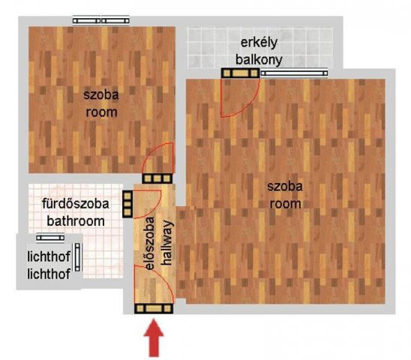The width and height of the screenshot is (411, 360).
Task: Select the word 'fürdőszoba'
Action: coord(75,204)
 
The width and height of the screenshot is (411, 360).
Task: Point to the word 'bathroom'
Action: coord(75,221)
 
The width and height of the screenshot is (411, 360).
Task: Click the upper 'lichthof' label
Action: coord(48,258)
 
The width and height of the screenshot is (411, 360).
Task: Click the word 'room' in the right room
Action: coord(286,203)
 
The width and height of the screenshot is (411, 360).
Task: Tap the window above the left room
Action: coord(101,20)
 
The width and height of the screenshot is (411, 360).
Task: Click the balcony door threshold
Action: coord(240,73)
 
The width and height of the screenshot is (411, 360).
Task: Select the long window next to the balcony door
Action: coord(294,73)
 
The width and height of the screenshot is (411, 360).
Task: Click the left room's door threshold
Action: coord(157,178)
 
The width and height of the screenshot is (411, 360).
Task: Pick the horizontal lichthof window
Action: coord(50,238)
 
